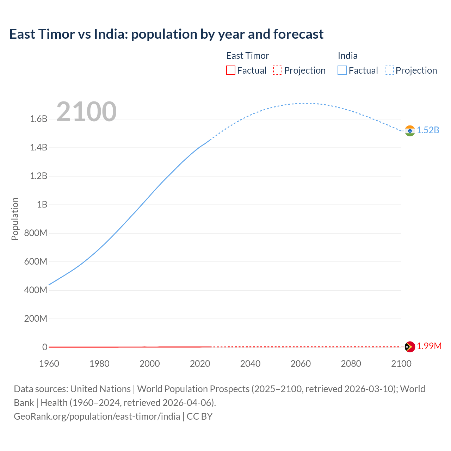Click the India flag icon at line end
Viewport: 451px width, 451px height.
click(410, 131)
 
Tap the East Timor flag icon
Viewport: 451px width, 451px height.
click(410, 347)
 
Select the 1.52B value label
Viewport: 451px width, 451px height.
click(428, 130)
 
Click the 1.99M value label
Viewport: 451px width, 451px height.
click(429, 346)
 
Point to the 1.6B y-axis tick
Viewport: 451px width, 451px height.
click(39, 119)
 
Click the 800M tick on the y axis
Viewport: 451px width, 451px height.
click(36, 233)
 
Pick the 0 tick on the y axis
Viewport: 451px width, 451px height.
click(45, 347)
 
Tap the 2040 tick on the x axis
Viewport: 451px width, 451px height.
click(250, 364)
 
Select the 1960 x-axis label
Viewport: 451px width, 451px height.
click(49, 364)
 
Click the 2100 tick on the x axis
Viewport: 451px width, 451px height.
click(401, 364)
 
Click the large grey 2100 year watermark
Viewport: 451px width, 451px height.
click(86, 112)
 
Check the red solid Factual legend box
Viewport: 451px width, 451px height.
click(231, 70)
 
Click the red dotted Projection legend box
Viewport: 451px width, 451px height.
click(278, 70)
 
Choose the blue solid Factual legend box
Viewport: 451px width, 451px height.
click(342, 70)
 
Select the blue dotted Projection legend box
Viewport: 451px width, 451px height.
click(389, 70)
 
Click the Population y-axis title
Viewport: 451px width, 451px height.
click(15, 219)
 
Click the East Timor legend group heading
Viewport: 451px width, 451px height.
click(247, 56)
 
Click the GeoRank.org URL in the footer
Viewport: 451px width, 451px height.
click(97, 416)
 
